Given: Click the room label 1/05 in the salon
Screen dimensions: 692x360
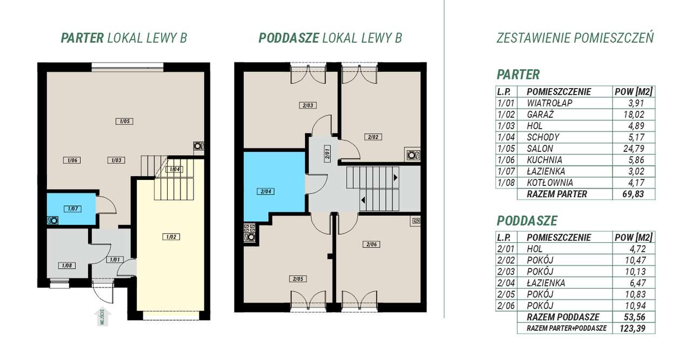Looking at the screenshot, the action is pos(124,121).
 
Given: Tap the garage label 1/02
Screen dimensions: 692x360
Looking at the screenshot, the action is pos(171,237).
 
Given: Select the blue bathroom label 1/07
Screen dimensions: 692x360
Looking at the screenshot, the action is pos(73,209).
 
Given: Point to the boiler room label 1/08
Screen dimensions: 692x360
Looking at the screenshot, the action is pos(66,265).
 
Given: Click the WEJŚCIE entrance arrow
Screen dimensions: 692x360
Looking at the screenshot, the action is pos(103,316).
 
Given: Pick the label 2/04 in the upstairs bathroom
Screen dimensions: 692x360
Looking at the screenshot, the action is pos(265,191).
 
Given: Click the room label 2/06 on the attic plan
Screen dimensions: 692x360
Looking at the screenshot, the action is pos(371,244).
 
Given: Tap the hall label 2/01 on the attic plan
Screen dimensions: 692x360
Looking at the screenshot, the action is pos(328,152).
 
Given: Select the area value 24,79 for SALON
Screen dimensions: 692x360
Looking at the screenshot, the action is pos(634,149).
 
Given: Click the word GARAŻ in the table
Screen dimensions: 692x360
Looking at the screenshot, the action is pos(540,115).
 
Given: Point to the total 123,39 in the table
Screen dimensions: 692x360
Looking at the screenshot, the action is pos(633,328).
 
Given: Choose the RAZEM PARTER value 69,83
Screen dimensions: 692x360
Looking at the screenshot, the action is pos(633,194).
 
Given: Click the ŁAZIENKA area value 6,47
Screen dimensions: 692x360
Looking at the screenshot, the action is pos(637,283).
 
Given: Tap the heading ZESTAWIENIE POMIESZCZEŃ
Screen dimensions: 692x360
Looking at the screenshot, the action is pos(575,38).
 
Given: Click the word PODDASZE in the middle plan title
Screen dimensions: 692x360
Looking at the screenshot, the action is pos(289,38).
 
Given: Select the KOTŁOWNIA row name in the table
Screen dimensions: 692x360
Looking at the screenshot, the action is pos(550,183).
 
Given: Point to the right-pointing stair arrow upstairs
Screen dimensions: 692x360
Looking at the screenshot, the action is pos(395,177).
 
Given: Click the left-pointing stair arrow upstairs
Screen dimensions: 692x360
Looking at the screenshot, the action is pos(363,200).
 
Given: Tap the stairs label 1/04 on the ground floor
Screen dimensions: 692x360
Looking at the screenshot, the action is pos(175,169).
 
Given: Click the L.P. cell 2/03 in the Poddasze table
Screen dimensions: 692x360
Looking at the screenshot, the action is pos(506,271).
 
